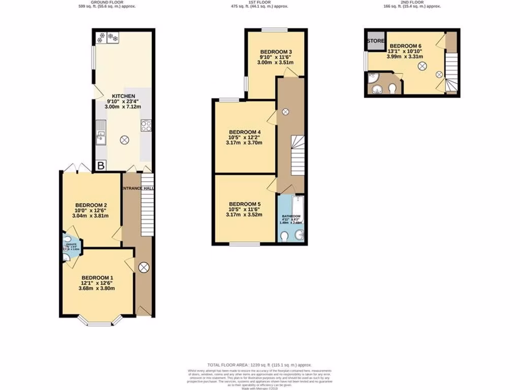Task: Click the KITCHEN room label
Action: point(123,96)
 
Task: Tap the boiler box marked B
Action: point(101,166)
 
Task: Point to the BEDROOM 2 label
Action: point(91,206)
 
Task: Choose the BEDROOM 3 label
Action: point(276,52)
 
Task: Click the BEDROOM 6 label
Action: point(405,46)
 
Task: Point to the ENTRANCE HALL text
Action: point(138,188)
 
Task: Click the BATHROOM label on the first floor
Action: point(291,216)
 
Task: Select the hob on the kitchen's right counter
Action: point(146,125)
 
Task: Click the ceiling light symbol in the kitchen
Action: point(124,140)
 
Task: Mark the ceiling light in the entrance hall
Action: point(144,266)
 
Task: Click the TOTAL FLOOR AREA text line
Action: point(259,365)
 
